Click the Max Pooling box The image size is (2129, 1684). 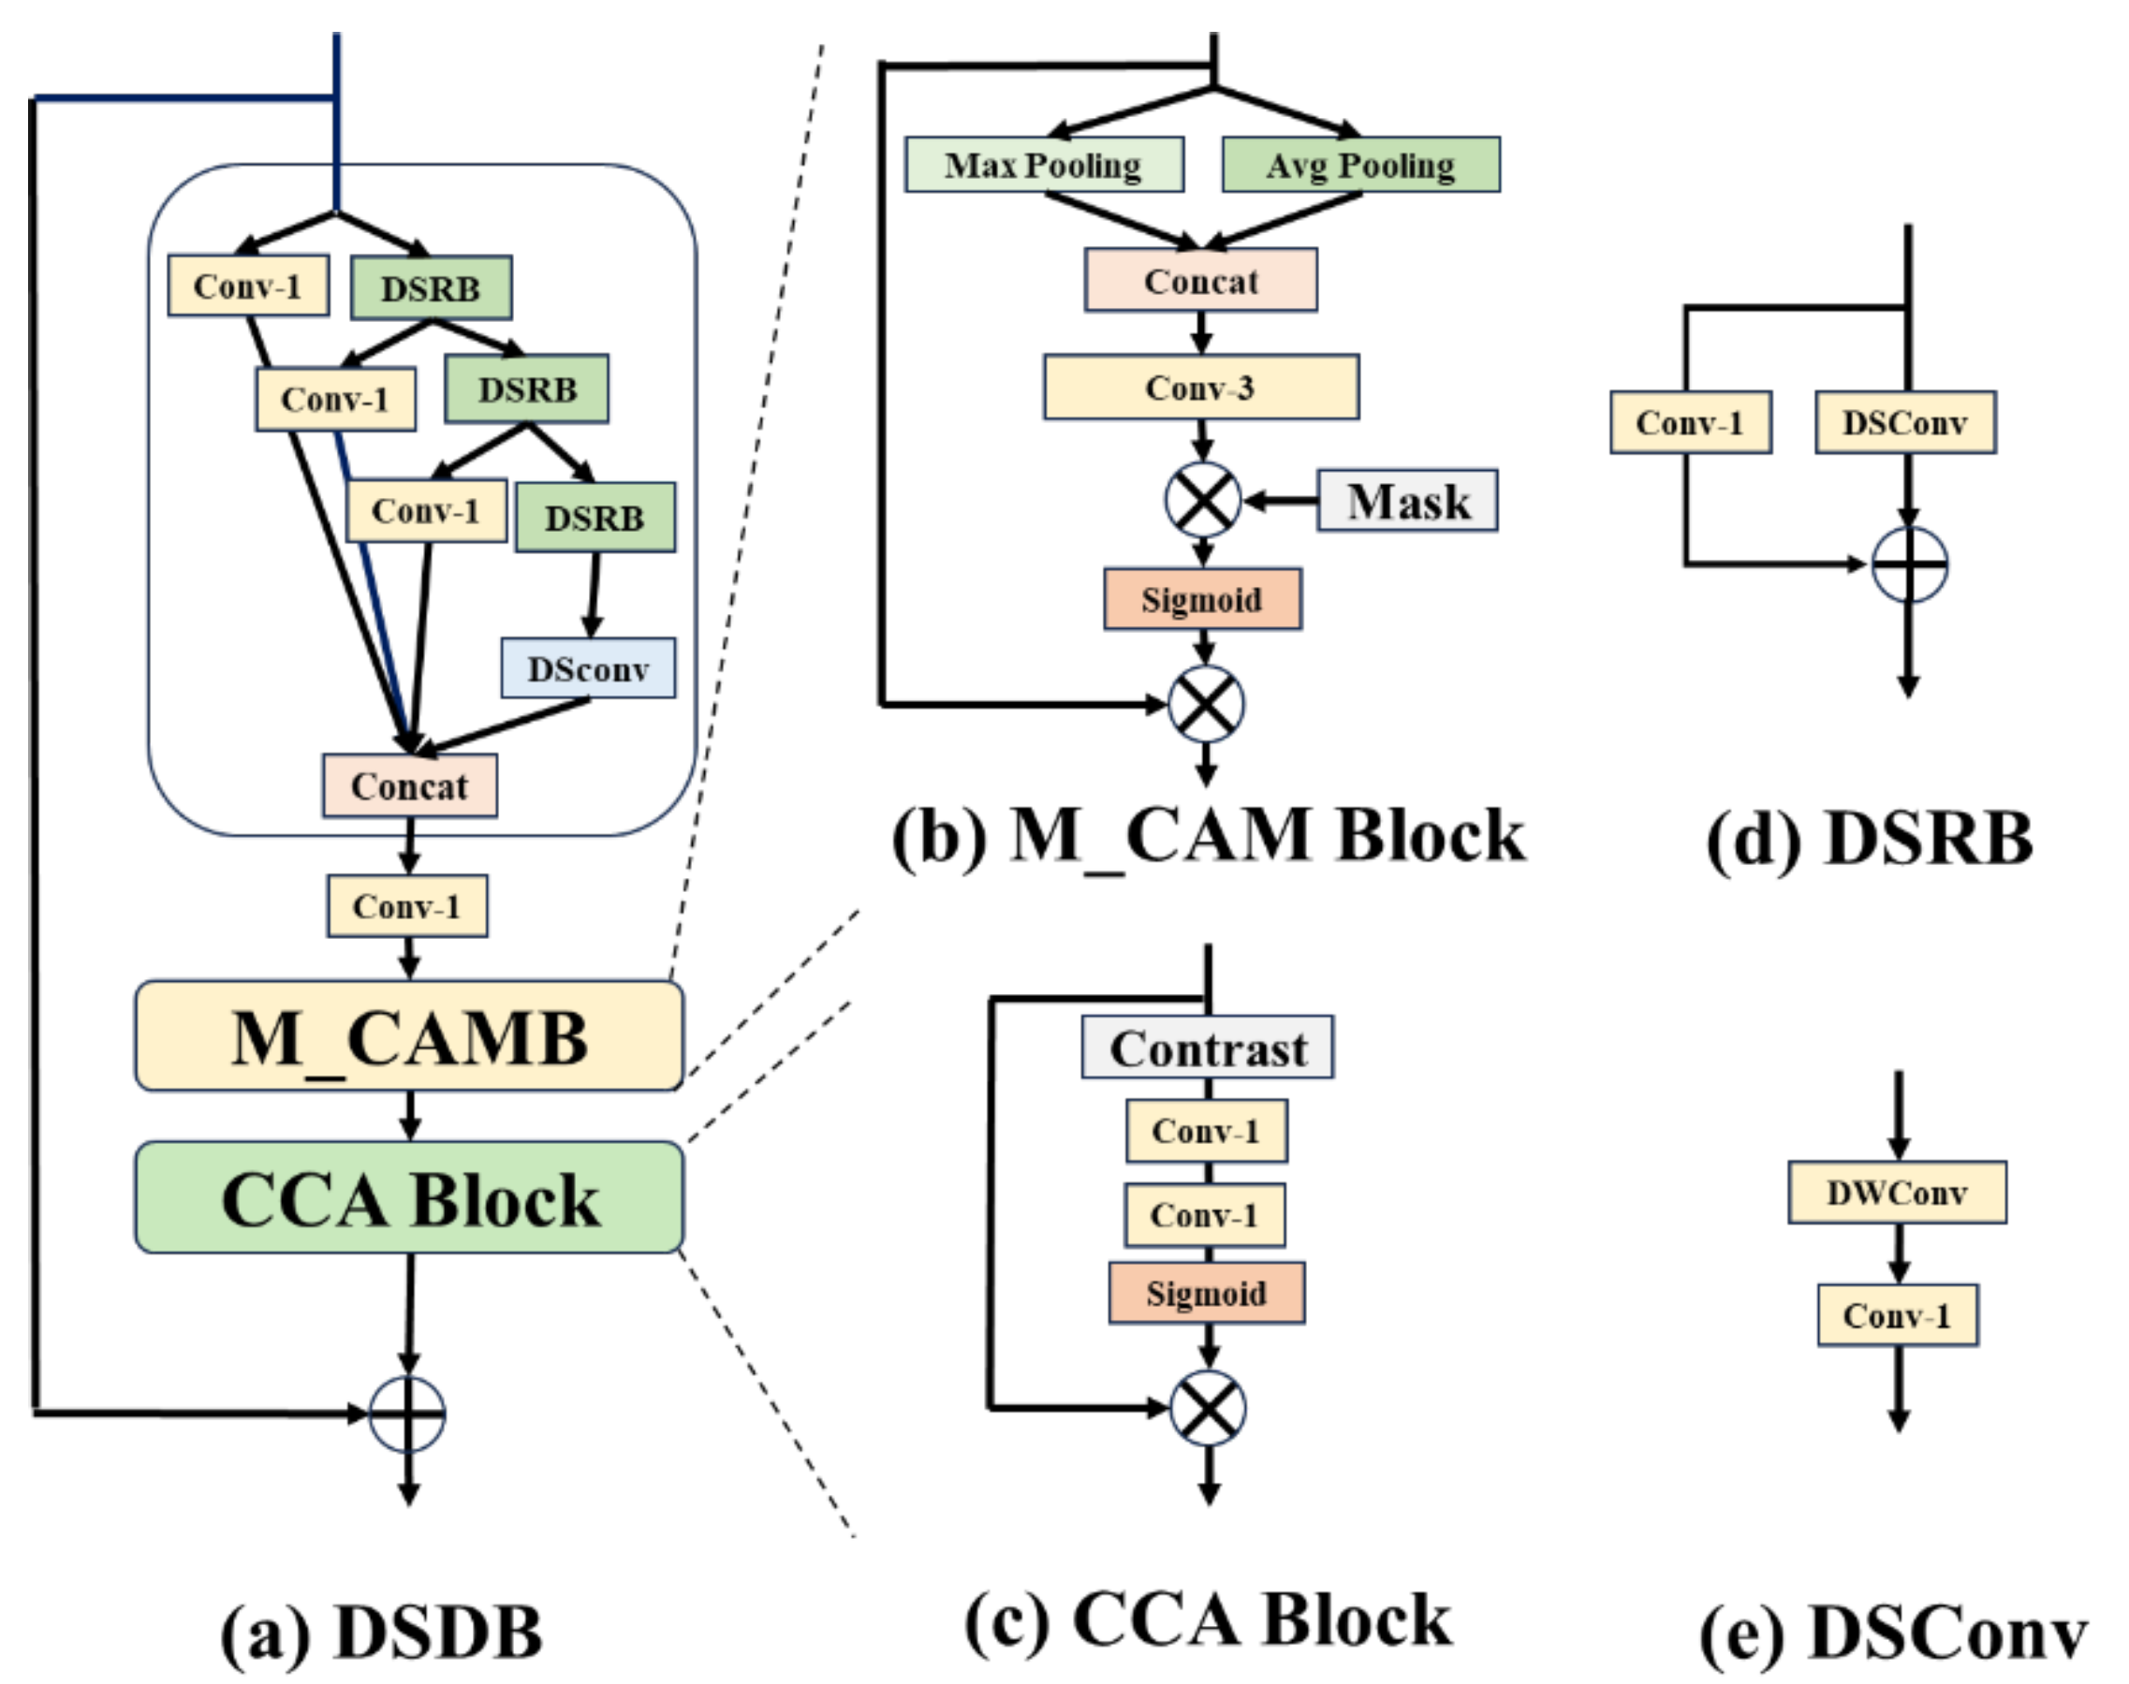tap(1043, 165)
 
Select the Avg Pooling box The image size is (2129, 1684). tap(1359, 165)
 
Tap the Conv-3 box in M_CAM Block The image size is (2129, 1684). tap(1200, 388)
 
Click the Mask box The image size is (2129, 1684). tap(1407, 501)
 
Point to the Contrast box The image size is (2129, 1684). tap(1207, 1047)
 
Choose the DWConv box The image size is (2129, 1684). tap(1896, 1193)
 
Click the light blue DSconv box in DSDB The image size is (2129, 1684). tap(588, 668)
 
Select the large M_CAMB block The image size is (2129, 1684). tap(408, 1036)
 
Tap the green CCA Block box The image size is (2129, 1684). tap(408, 1198)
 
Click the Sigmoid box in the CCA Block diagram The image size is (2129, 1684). tap(1206, 1293)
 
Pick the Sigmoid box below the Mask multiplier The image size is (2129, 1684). tap(1201, 599)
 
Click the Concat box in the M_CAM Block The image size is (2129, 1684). tap(1200, 281)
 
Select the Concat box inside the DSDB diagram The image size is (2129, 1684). tap(409, 785)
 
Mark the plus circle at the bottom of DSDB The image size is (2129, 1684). tap(407, 1413)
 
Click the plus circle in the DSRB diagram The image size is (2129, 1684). tap(1909, 564)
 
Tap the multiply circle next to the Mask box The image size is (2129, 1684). tap(1202, 500)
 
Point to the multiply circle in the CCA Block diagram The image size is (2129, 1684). tap(1207, 1408)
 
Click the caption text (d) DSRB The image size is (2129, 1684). tap(1869, 839)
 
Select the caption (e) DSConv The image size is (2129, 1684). tap(1892, 1633)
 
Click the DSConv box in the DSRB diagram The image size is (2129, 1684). tap(1905, 423)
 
